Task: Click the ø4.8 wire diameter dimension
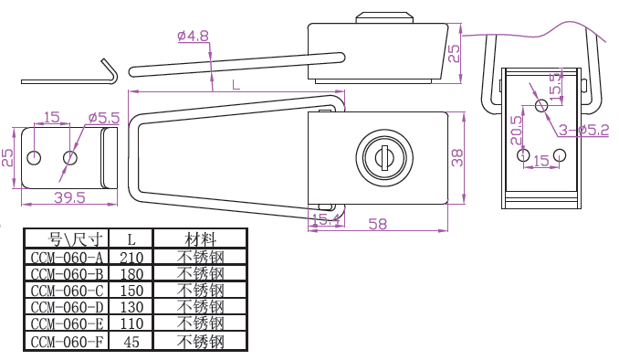click(x=193, y=36)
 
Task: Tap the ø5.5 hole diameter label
click(x=104, y=118)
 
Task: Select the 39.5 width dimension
click(x=69, y=197)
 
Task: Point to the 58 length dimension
click(x=378, y=224)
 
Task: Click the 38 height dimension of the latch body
click(x=456, y=158)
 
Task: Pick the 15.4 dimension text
click(x=326, y=219)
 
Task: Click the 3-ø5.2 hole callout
click(x=584, y=130)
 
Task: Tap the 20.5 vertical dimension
click(x=516, y=130)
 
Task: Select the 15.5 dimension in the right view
click(x=555, y=84)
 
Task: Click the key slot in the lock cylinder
click(x=384, y=157)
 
